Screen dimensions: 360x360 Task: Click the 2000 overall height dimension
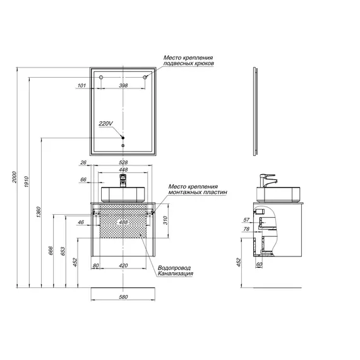[15, 177]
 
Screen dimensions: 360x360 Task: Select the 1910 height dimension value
[27, 182]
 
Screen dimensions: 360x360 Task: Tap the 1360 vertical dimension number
[39, 212]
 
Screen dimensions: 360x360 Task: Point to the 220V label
[105, 124]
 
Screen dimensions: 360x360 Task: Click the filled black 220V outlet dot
[123, 138]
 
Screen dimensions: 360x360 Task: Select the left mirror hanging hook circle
[101, 77]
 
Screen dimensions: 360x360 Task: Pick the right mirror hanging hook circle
[145, 77]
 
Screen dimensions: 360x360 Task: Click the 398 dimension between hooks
[123, 85]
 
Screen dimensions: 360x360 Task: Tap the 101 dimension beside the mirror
[81, 85]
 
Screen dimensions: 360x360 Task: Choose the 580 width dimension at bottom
[123, 297]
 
